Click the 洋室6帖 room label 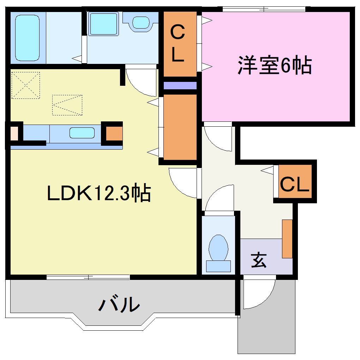coord(275,65)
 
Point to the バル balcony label coord(119,304)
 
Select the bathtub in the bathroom coord(27,38)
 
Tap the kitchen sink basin coord(82,133)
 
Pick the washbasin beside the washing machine coord(142,23)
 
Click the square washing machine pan coord(103,24)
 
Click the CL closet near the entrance coord(295,184)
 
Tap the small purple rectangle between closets coord(180,86)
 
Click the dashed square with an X coord(25,85)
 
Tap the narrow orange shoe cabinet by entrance coord(287,239)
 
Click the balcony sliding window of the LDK coord(88,277)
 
